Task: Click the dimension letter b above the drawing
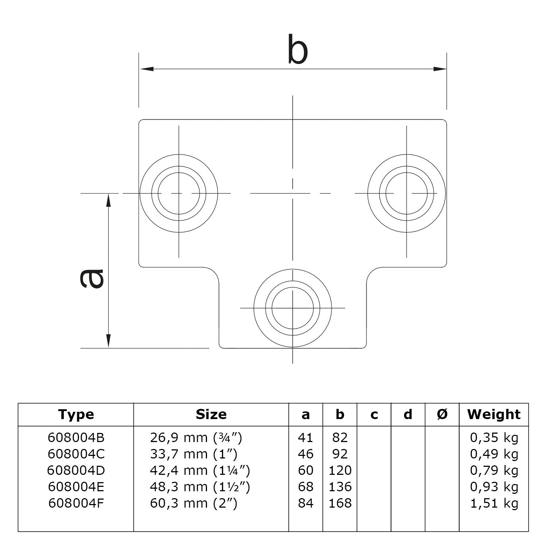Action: [297, 50]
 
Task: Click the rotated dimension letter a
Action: [92, 279]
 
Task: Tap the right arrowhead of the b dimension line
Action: [439, 69]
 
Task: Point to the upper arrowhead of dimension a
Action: [108, 200]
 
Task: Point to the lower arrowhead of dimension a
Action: [108, 341]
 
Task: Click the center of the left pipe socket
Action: [179, 193]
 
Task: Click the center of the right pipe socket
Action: [407, 193]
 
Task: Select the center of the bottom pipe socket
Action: [293, 308]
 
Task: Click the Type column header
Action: [76, 414]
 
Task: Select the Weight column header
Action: [494, 414]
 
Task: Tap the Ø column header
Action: [442, 414]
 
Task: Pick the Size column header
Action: [211, 414]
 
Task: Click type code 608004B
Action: [76, 437]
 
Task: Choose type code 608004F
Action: [76, 503]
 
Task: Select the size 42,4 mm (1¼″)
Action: [200, 470]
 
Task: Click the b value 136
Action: [340, 487]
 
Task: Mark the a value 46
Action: [305, 454]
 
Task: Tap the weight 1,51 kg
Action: [494, 503]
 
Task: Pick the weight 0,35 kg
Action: [494, 437]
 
